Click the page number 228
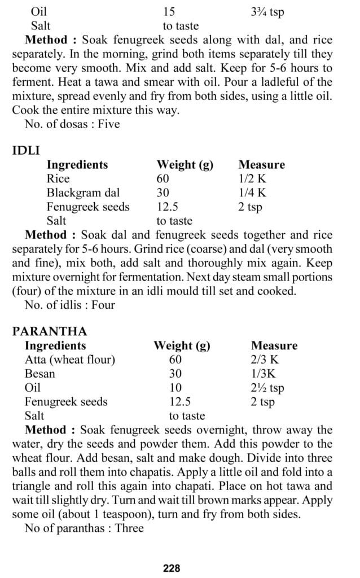(172, 568)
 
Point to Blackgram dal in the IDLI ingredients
(83, 193)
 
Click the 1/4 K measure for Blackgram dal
(252, 193)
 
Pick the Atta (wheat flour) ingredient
(70, 360)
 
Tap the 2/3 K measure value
(265, 360)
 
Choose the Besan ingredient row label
(40, 374)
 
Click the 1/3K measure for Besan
(264, 374)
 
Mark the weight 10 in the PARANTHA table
(175, 388)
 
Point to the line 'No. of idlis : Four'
(70, 305)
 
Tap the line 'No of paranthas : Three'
(84, 528)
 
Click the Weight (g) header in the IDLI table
(185, 165)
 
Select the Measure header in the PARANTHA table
(274, 345)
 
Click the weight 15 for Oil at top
(169, 12)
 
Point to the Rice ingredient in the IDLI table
(58, 179)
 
